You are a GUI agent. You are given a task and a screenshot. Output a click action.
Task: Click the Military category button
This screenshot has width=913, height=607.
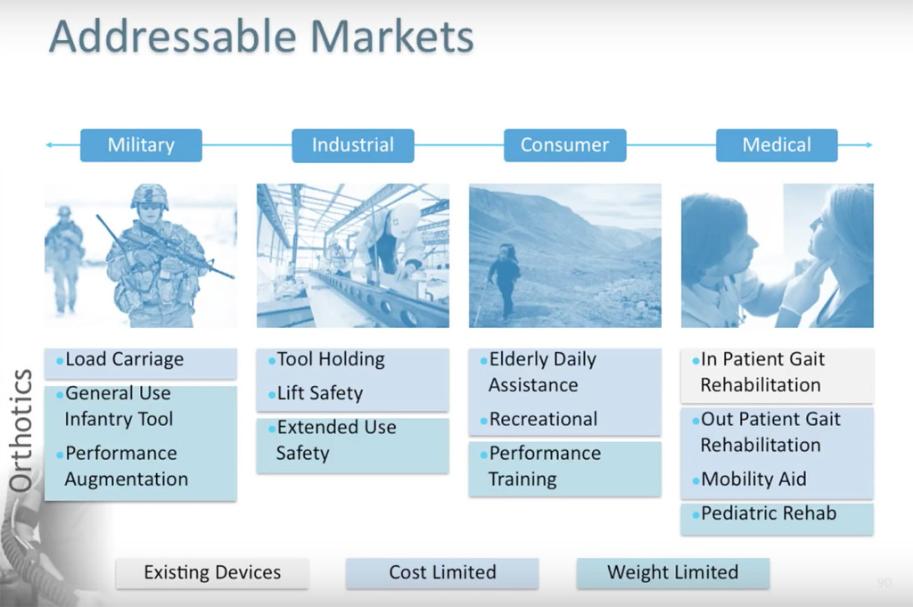(x=141, y=145)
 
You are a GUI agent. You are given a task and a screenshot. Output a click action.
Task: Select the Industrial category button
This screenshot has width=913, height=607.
(x=353, y=145)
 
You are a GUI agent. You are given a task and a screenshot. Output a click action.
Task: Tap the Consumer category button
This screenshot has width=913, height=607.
(x=564, y=145)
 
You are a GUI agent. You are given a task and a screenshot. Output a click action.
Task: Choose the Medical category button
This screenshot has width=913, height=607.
(x=777, y=145)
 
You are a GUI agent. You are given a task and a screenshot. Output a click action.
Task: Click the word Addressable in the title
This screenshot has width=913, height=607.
(x=174, y=36)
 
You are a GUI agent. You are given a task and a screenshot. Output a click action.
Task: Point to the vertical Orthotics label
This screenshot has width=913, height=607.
(x=21, y=431)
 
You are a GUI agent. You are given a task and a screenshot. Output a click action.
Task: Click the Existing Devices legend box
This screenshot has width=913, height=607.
(x=212, y=572)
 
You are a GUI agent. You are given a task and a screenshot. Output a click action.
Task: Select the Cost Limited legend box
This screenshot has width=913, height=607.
(x=442, y=572)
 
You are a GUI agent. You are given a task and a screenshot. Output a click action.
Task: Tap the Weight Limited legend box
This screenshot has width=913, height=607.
(x=672, y=572)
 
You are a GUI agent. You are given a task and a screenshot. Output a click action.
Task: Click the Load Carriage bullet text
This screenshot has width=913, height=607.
(x=125, y=360)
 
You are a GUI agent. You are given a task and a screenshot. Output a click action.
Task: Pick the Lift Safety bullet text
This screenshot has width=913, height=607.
(x=320, y=393)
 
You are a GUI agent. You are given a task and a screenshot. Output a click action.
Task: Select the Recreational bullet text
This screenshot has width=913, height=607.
(x=543, y=419)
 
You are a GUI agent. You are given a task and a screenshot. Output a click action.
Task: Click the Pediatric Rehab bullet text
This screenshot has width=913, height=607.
(x=769, y=513)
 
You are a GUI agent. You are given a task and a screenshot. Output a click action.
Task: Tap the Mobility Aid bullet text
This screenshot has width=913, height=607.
(x=753, y=479)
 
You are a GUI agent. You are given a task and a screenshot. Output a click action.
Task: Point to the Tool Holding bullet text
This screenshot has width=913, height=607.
(x=331, y=360)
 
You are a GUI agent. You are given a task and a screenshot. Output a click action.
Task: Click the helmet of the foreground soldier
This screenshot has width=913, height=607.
(x=150, y=196)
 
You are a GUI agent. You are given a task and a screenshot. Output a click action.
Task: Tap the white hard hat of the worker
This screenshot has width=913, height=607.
(x=406, y=218)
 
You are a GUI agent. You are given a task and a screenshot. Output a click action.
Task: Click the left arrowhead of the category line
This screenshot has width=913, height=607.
(x=49, y=145)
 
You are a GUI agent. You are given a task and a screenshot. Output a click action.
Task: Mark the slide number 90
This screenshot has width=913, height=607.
(x=884, y=583)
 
